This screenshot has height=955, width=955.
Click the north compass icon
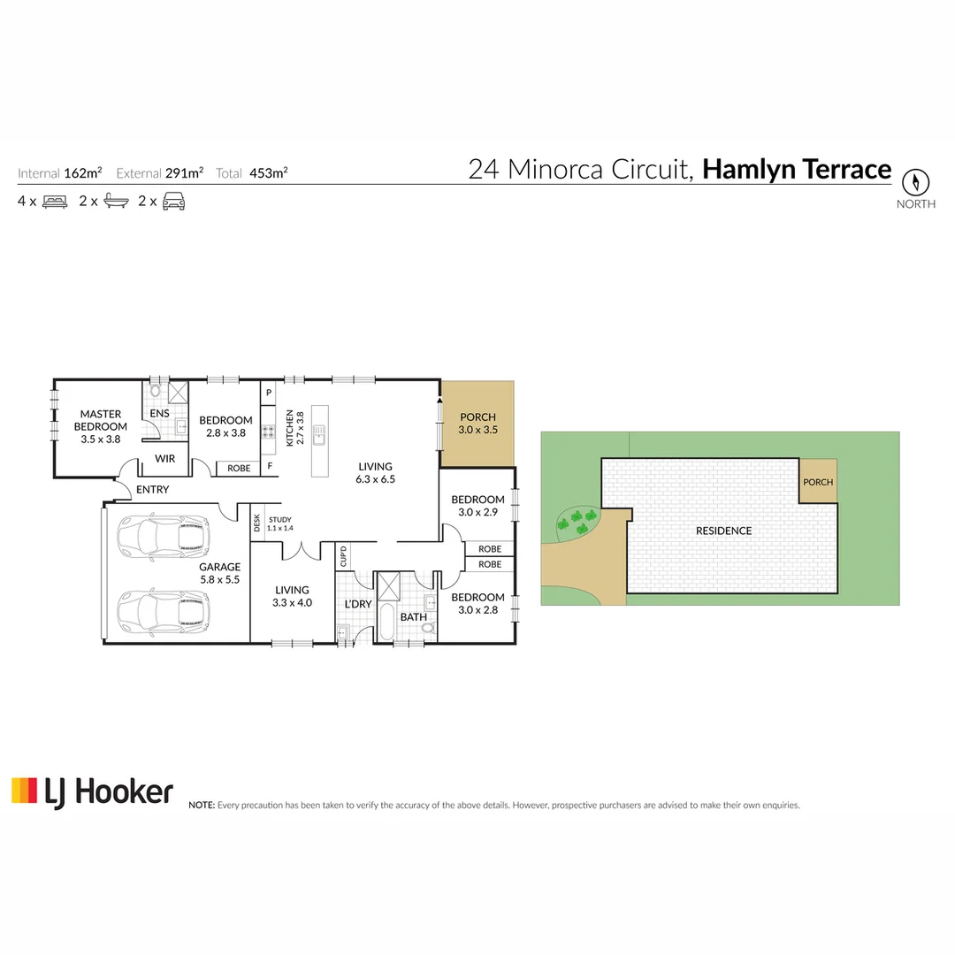point(916,183)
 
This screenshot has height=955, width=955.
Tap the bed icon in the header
point(55,202)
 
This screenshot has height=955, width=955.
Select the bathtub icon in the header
point(116,202)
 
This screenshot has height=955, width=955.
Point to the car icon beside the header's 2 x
point(173,202)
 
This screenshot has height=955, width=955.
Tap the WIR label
point(165,459)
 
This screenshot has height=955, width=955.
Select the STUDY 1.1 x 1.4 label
point(279,523)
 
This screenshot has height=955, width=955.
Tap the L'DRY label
point(357,604)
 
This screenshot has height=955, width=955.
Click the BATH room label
point(413,616)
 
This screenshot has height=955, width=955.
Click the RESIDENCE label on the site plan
point(723,531)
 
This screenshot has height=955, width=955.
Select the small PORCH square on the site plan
point(818,482)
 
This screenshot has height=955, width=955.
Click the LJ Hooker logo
point(92,791)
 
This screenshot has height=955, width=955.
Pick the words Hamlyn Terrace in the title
point(797,169)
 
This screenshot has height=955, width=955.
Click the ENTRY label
point(152,490)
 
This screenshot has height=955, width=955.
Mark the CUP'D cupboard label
point(343,556)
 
